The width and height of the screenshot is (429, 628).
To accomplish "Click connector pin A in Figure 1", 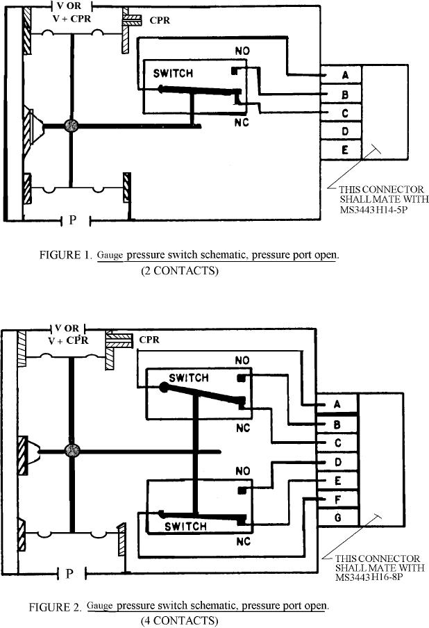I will [344, 75].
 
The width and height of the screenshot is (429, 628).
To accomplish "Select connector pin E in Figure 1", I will [344, 149].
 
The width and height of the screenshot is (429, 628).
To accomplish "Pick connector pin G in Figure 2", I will [337, 518].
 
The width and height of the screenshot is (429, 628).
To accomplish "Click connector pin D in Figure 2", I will [337, 461].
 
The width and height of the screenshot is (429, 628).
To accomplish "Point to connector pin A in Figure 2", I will [337, 405].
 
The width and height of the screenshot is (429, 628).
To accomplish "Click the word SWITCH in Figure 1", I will [168, 72].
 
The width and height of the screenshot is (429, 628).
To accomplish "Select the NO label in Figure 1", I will [242, 51].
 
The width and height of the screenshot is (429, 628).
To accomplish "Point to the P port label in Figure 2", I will [69, 574].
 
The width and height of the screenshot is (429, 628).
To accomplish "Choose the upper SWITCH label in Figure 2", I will [189, 378].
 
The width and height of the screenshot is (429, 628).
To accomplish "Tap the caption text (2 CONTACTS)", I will [179, 270].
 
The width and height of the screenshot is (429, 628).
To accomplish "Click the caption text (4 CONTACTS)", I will [179, 620].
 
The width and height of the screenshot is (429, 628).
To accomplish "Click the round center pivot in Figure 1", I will [70, 125].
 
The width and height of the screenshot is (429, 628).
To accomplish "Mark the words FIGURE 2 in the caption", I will [55, 607].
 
